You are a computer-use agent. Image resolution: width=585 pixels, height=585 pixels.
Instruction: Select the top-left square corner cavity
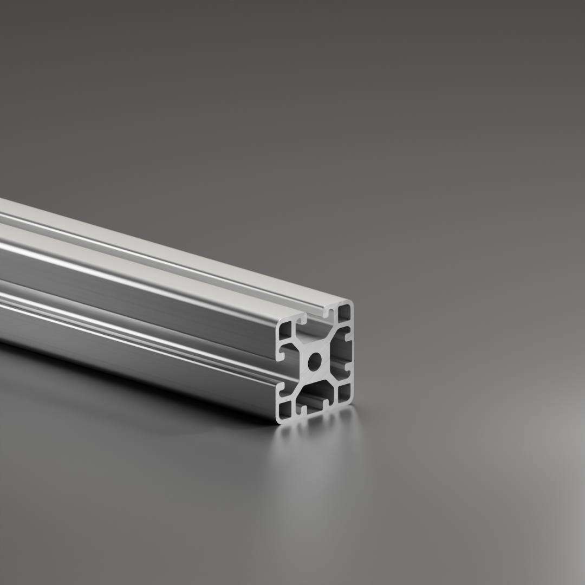pyautogui.click(x=285, y=329)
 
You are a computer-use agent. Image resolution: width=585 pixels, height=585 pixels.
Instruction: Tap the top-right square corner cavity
pyautogui.click(x=344, y=313)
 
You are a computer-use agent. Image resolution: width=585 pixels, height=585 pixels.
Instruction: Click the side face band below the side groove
pyautogui.click(x=135, y=352)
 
